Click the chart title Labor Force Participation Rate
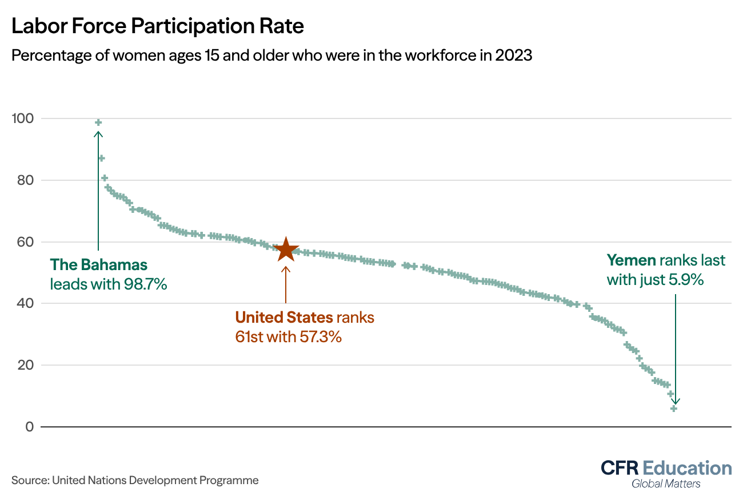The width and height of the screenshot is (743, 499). point(157,26)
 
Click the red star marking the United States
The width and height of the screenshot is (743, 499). point(286,250)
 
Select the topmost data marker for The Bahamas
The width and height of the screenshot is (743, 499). point(98,122)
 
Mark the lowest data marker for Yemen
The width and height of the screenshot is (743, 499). point(674,408)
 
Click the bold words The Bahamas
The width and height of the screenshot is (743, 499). point(99,265)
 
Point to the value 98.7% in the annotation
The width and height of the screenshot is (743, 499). point(145,284)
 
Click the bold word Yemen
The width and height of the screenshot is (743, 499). point(631,261)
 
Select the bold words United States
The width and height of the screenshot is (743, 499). point(284,318)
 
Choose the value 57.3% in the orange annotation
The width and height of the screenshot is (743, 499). point(320,336)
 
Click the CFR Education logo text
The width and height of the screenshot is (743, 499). point(666,468)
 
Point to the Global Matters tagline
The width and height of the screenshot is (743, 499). point(666,484)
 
